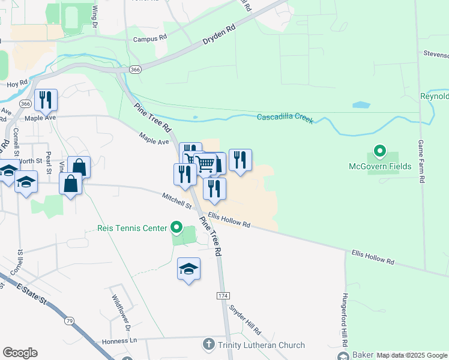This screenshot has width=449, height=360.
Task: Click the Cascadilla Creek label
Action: click(x=285, y=117)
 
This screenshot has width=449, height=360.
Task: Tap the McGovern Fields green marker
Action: click(x=379, y=150)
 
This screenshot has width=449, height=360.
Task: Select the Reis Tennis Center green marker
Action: click(x=176, y=227)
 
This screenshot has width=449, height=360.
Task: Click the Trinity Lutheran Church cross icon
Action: click(x=208, y=344)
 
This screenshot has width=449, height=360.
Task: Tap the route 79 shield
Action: click(x=70, y=322)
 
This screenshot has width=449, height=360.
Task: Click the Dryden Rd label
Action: click(x=218, y=35)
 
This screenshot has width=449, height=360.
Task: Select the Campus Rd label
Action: click(x=149, y=39)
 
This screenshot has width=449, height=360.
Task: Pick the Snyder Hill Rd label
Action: click(x=245, y=319)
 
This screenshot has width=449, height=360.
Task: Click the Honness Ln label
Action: click(x=120, y=341)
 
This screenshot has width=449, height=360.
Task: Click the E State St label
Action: click(x=35, y=295)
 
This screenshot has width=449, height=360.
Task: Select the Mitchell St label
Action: click(x=176, y=201)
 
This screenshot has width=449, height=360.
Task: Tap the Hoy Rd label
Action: click(x=16, y=83)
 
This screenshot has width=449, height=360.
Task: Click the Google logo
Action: click(x=20, y=352)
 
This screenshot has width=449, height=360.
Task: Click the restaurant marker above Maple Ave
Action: click(x=46, y=100)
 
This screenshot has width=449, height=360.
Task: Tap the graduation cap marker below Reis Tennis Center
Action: click(x=188, y=269)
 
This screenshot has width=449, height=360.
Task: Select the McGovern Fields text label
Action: click(x=380, y=166)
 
